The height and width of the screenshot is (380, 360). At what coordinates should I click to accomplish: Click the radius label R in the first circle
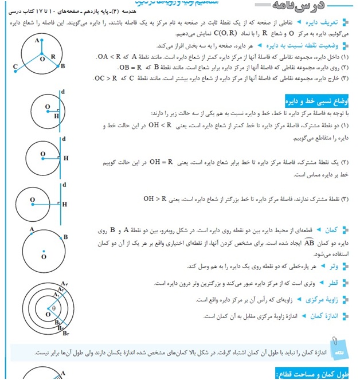pyautogui.click(x=53, y=57)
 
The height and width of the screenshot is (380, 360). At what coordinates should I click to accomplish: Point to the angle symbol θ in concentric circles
pyautogui.click(x=54, y=308)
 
